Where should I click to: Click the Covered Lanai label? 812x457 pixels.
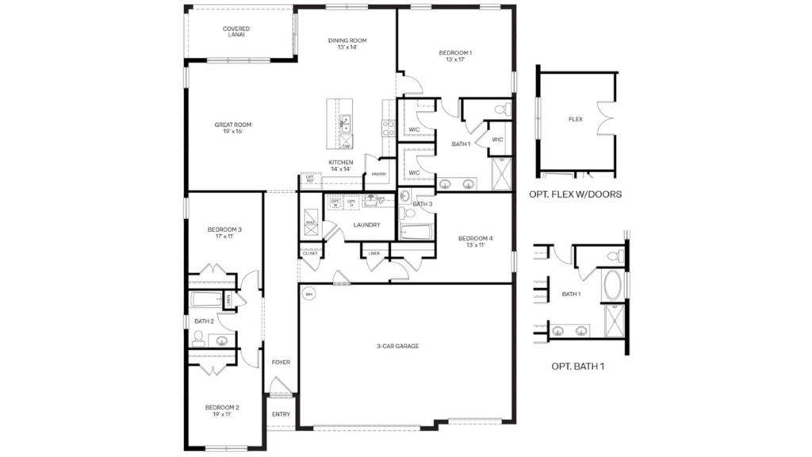tap(236, 32)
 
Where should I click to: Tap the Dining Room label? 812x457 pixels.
tap(347, 44)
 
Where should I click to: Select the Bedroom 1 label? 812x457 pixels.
tap(455, 56)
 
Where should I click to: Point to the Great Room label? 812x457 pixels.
tap(232, 128)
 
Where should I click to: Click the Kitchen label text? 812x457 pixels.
tap(341, 166)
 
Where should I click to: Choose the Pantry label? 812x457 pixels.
tap(378, 174)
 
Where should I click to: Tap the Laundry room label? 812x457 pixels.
tap(367, 225)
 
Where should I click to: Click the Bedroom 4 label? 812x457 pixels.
tap(475, 241)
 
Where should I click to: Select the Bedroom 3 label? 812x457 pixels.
tap(224, 232)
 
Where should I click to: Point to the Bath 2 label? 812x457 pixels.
tap(204, 321)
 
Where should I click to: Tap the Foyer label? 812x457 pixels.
tap(281, 363)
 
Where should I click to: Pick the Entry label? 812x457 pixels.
tap(281, 414)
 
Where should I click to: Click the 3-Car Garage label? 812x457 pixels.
tap(397, 346)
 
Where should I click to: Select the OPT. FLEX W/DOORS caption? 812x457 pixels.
tap(575, 194)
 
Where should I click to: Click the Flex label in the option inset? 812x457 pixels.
tap(576, 120)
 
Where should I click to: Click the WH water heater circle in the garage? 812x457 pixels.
tap(308, 295)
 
